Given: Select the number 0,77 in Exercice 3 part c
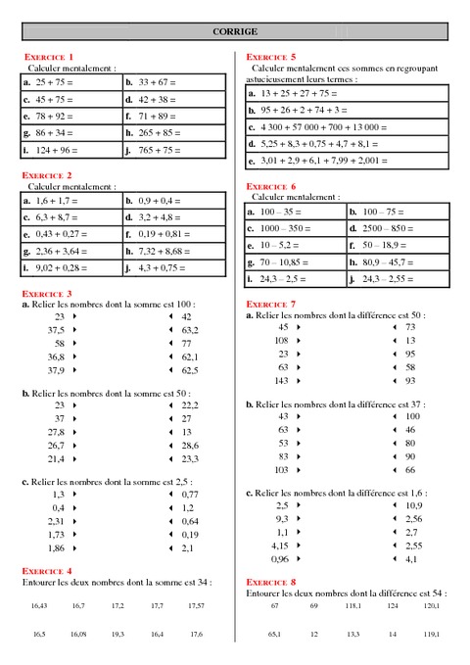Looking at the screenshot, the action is pyautogui.click(x=190, y=495).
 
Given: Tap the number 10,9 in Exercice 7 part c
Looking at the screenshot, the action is pyautogui.click(x=413, y=505).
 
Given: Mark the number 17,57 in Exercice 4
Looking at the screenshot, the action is pyautogui.click(x=196, y=606).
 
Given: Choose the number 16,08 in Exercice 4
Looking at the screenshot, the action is pyautogui.click(x=78, y=635).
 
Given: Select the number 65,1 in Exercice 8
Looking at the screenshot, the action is pyautogui.click(x=275, y=635).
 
